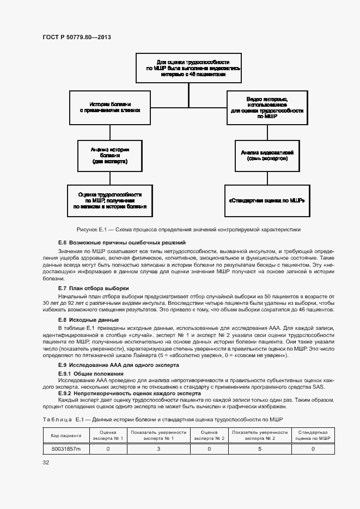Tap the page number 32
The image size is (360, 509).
[46, 463]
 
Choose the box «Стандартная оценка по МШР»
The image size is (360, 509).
[267, 200]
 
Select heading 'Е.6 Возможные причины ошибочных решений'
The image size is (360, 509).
[122, 242]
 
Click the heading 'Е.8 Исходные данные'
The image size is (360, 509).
[88, 320]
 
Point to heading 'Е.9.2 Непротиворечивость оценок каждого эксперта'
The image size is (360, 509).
[129, 393]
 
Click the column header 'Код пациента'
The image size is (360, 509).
[66, 435]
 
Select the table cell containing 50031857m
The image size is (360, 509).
[66, 449]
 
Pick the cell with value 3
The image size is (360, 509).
[158, 449]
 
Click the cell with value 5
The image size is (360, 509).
[260, 449]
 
